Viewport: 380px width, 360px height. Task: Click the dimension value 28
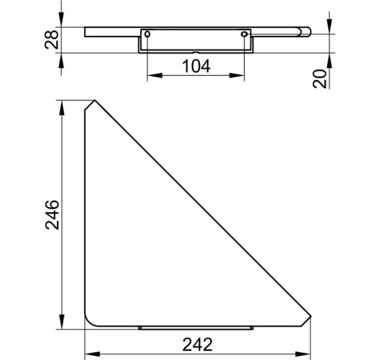(52, 40)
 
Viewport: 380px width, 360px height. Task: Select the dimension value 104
(196, 66)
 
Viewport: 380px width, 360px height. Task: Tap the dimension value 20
(320, 79)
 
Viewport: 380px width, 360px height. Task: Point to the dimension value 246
(52, 215)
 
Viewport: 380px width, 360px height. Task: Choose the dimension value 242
(197, 344)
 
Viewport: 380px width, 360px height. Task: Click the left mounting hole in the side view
(147, 34)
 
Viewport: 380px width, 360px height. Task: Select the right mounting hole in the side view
(244, 34)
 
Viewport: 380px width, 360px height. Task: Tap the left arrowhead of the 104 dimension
(155, 75)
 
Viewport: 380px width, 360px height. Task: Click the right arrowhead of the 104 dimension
(237, 75)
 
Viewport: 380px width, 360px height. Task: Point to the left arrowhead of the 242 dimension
(92, 354)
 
